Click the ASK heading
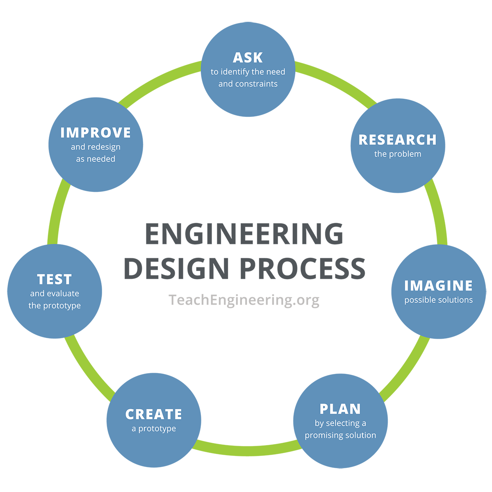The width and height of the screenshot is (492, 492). (x=248, y=57)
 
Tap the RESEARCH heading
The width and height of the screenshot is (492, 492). (x=397, y=140)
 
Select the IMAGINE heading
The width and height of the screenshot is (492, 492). (x=438, y=286)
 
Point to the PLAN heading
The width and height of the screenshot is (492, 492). (x=340, y=409)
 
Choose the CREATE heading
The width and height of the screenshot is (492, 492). (x=154, y=415)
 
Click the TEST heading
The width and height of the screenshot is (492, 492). (x=55, y=280)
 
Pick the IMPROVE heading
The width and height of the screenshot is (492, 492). (x=96, y=133)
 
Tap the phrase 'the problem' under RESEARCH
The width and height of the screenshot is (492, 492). (x=397, y=154)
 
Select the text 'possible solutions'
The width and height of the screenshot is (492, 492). (x=438, y=300)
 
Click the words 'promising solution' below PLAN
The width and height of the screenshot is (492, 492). (x=340, y=435)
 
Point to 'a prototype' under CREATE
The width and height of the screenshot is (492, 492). (x=154, y=429)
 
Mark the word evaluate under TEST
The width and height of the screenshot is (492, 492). (x=63, y=294)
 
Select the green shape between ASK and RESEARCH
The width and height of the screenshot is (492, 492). (x=342, y=70)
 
